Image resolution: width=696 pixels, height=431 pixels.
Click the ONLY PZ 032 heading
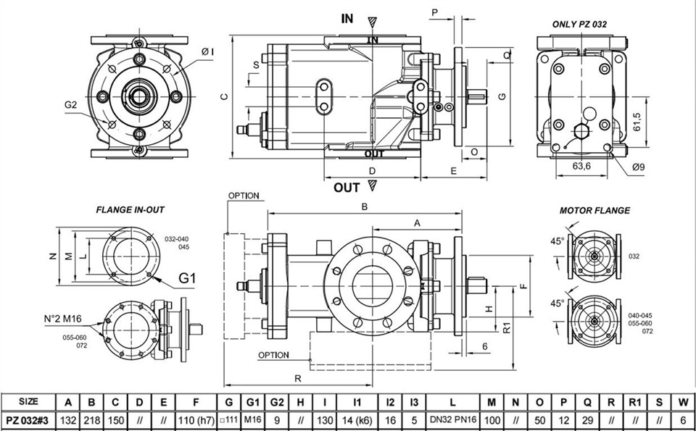(579, 24)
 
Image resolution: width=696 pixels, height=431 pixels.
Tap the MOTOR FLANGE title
(594, 211)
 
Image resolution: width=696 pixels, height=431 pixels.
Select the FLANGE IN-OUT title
(130, 210)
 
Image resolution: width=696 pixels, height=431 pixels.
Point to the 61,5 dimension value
(637, 122)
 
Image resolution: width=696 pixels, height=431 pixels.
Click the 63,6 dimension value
(581, 167)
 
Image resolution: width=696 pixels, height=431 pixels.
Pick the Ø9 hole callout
(638, 167)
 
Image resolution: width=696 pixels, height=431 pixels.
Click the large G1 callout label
(187, 278)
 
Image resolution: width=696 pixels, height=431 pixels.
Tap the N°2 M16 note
(62, 319)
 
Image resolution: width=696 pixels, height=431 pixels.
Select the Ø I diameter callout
(207, 52)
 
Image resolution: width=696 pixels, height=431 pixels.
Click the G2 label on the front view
(70, 105)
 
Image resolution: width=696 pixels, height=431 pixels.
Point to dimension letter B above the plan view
(365, 206)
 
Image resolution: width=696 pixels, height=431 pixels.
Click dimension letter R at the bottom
(298, 378)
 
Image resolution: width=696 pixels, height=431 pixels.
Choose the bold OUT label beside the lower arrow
(347, 188)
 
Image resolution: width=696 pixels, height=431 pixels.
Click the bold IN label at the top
(347, 19)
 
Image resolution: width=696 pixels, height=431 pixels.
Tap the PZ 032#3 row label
(28, 420)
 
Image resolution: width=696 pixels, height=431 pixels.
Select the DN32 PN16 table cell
(452, 419)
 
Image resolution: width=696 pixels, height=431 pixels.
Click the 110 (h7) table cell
(196, 420)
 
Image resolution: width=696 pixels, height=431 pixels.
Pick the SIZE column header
(28, 402)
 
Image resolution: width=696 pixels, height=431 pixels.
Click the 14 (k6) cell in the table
(357, 420)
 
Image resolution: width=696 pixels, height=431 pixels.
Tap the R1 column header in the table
(635, 403)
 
